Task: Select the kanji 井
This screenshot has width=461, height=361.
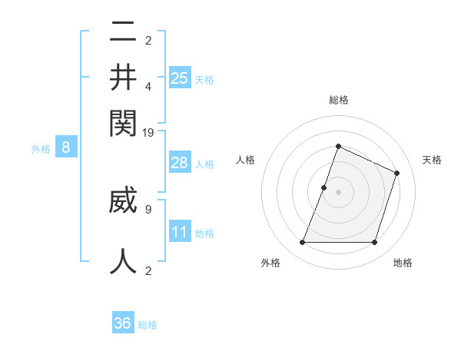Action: pos(123,77)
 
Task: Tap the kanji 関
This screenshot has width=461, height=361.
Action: pos(123,121)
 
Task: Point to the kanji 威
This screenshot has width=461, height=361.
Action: pos(123,201)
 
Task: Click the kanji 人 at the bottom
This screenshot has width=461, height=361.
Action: pos(123,260)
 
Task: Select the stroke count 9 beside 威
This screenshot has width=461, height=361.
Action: pos(148,207)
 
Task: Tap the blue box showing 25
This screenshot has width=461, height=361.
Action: pos(180,78)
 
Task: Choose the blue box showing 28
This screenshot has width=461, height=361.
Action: pos(180,163)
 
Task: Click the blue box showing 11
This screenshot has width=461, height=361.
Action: pos(180,232)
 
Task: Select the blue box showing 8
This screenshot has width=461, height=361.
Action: pos(66,148)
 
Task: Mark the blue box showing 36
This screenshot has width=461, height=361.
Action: pos(123,323)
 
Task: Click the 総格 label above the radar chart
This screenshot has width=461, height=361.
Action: pos(339,100)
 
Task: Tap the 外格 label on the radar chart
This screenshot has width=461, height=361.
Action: pos(270,263)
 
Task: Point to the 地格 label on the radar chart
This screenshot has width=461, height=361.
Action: pos(403,263)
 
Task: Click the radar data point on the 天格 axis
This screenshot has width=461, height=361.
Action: pos(397,173)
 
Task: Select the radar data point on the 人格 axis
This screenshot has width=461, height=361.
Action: pos(324,187)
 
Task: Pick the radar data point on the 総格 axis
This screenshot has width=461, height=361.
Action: pos(338,146)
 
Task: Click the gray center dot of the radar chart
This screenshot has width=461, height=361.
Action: pos(338,191)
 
